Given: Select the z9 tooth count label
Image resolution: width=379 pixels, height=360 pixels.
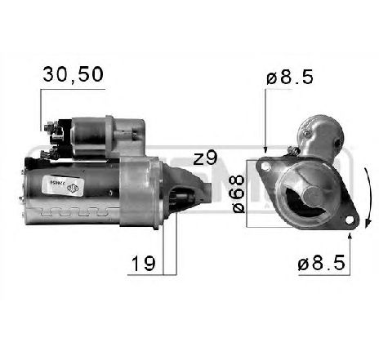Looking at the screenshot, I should coord(206,158).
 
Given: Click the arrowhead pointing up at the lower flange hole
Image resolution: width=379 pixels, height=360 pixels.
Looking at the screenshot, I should coord(350,234).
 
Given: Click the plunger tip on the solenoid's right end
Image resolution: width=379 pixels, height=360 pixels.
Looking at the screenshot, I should coord(140,131).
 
